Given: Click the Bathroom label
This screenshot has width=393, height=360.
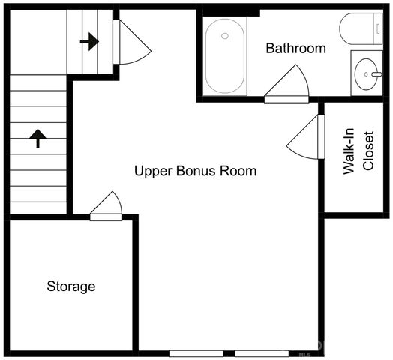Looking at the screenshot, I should point(296,49).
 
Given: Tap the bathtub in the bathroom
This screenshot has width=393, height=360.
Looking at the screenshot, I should point(224,55).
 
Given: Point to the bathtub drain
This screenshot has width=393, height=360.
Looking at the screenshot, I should point(224,35).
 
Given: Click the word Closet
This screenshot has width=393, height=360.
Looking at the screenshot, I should point(367,151).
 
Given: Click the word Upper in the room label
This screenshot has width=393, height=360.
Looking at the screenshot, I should point(151,172).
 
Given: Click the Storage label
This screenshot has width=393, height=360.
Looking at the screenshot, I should point(71,286).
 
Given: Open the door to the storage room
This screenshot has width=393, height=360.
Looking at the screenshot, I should point(106,208).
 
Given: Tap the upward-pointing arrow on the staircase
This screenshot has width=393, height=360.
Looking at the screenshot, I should point(37,137).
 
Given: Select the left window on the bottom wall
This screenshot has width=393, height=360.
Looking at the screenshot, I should point(196,353).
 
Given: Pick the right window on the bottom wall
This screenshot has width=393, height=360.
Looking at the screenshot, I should point(262,353).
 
